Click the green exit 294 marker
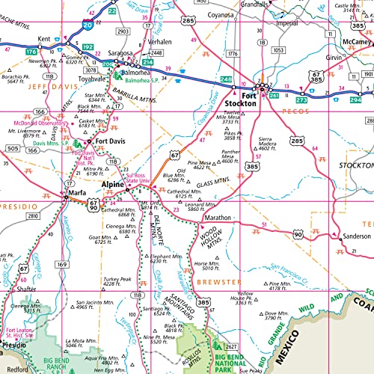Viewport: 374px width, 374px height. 354,98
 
